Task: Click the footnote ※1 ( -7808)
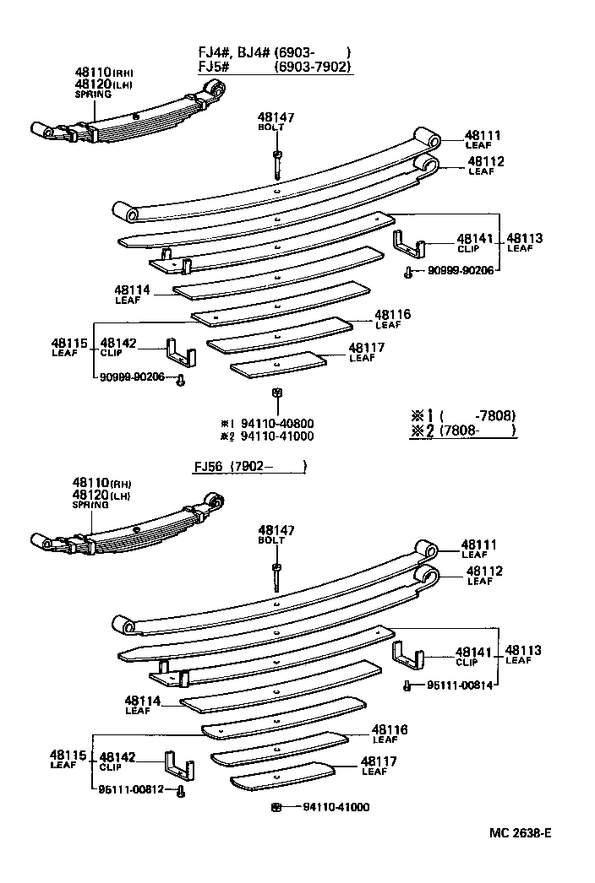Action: [462, 415]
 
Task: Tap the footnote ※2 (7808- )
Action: [462, 431]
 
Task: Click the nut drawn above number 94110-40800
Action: [276, 393]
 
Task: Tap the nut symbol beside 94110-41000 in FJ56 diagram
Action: [276, 807]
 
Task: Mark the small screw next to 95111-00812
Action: [180, 791]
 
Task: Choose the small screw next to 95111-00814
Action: [407, 686]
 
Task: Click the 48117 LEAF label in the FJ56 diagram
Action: [379, 765]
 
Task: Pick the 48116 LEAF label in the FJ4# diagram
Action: [393, 318]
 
